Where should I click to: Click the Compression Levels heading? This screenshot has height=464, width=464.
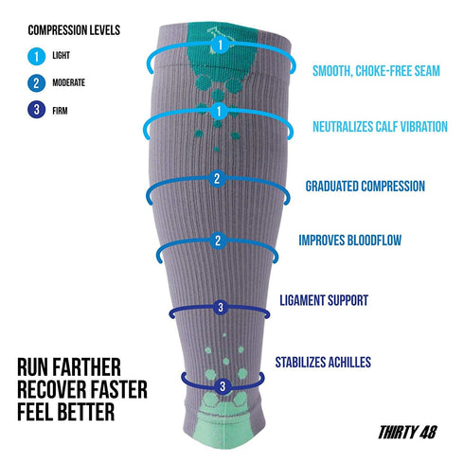(74, 30)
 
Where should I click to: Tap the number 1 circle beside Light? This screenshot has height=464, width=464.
(36, 56)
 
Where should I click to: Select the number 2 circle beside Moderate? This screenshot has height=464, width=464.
(36, 83)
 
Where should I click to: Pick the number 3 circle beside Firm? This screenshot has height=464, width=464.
(36, 109)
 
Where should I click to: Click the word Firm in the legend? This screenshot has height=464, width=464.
(60, 111)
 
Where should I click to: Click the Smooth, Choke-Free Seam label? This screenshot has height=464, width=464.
(376, 71)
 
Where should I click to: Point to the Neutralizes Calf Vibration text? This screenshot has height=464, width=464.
(380, 127)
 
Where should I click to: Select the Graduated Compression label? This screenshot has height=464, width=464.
(366, 186)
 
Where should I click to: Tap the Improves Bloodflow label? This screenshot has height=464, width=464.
(350, 241)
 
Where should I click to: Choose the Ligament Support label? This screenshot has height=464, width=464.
(324, 300)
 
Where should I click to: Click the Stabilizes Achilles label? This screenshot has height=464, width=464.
(323, 362)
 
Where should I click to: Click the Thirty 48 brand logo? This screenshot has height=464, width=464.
(407, 432)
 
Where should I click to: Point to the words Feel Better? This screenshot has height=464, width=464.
(65, 412)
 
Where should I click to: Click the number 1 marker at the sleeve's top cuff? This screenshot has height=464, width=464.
(221, 45)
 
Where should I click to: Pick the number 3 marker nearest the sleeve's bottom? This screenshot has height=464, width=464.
(223, 386)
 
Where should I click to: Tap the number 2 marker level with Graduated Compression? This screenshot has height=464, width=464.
(217, 178)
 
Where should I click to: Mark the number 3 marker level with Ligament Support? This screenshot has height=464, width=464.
(221, 307)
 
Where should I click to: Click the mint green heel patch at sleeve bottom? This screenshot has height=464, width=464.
(223, 423)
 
